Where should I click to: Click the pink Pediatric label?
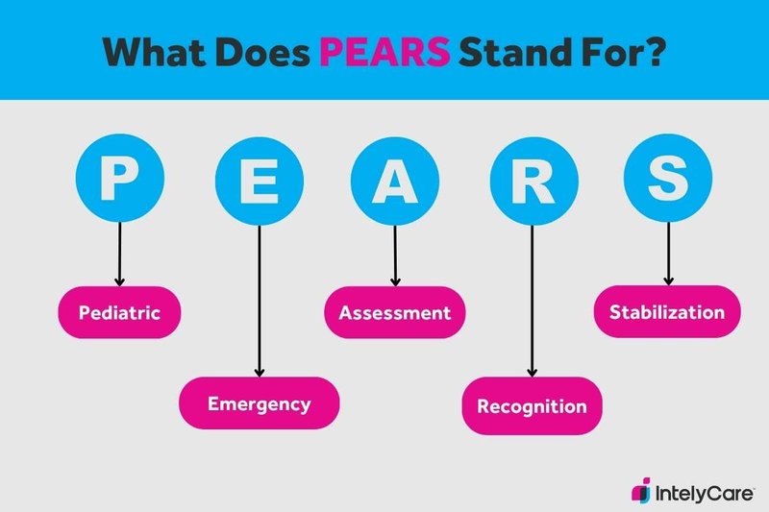pyautogui.click(x=119, y=313)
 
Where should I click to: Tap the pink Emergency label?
pyautogui.click(x=260, y=403)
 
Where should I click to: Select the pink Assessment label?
pyautogui.click(x=394, y=313)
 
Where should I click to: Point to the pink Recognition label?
pyautogui.click(x=532, y=405)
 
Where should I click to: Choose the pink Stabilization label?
pyautogui.click(x=667, y=312)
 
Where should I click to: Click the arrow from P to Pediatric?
pyautogui.click(x=120, y=252)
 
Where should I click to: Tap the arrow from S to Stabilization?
pyautogui.click(x=667, y=252)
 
